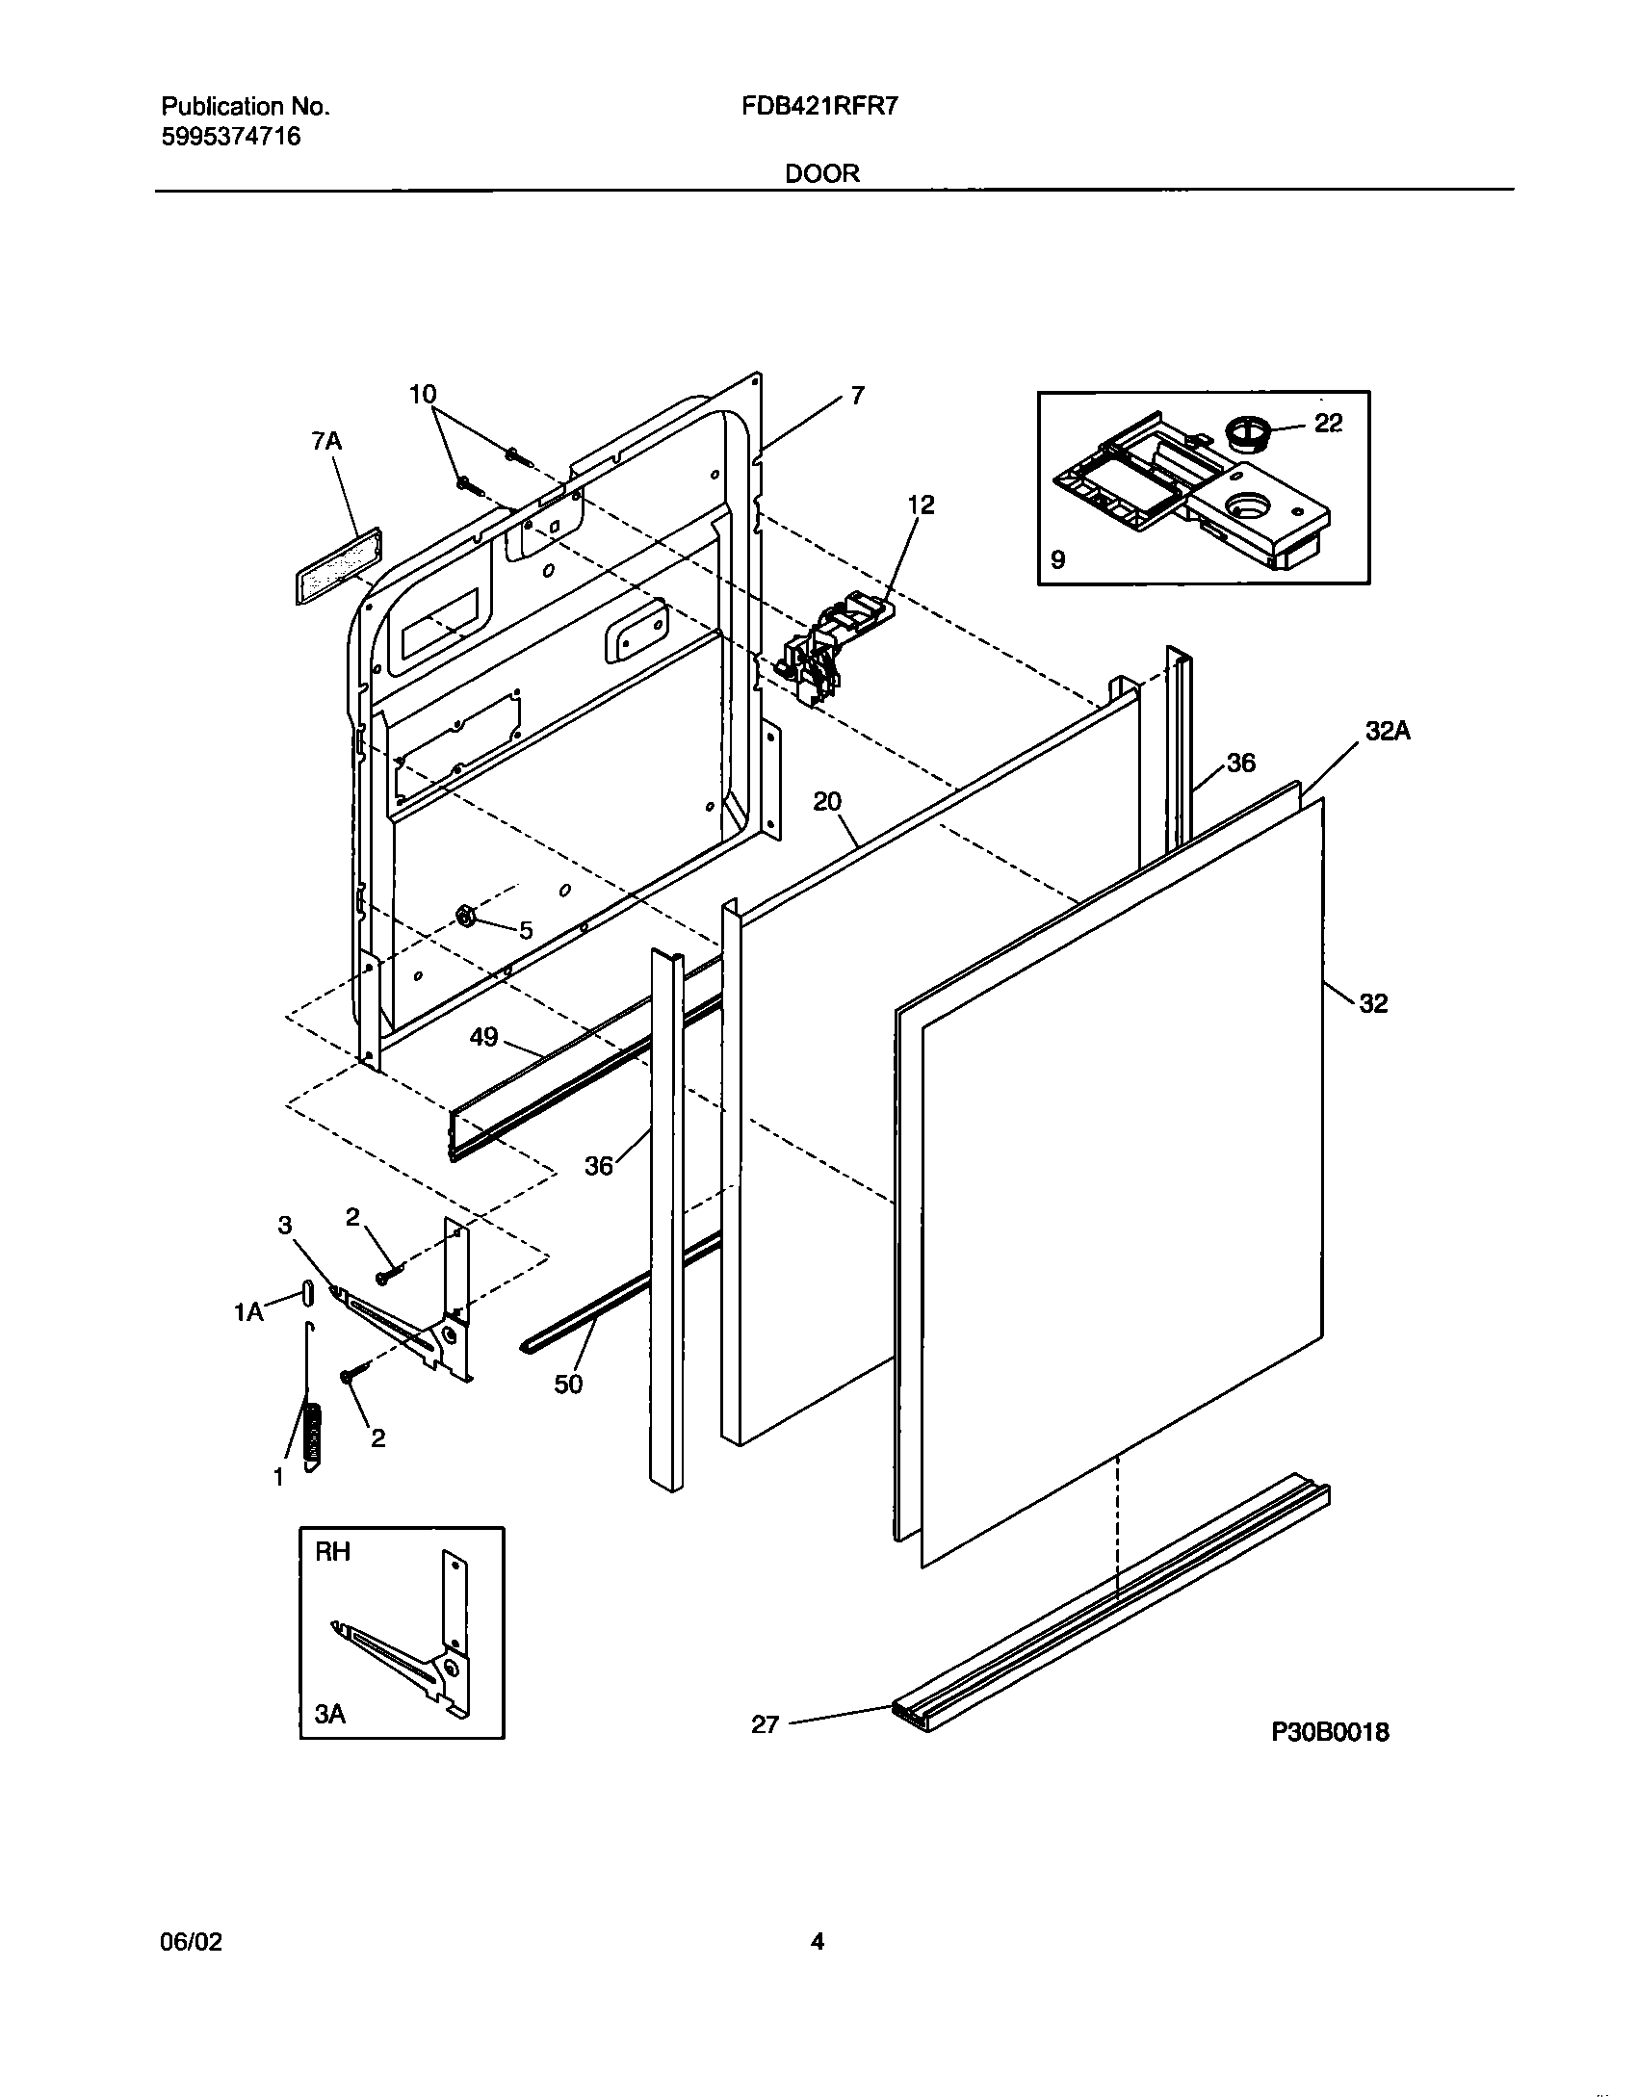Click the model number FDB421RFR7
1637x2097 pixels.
(x=819, y=107)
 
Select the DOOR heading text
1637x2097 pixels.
(x=821, y=173)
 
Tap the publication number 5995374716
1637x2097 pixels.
(x=230, y=137)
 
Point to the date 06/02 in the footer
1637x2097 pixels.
(x=191, y=1942)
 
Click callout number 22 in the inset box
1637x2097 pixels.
(x=1328, y=424)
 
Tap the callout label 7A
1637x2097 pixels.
(x=326, y=442)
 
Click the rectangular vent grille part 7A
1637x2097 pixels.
(x=337, y=565)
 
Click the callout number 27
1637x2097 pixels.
(x=765, y=1724)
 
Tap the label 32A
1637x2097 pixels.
(x=1388, y=732)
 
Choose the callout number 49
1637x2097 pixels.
(x=483, y=1037)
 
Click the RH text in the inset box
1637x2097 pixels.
(x=333, y=1552)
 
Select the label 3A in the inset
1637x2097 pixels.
(x=330, y=1714)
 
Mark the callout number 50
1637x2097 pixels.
(x=568, y=1384)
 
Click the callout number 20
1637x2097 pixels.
(x=827, y=801)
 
